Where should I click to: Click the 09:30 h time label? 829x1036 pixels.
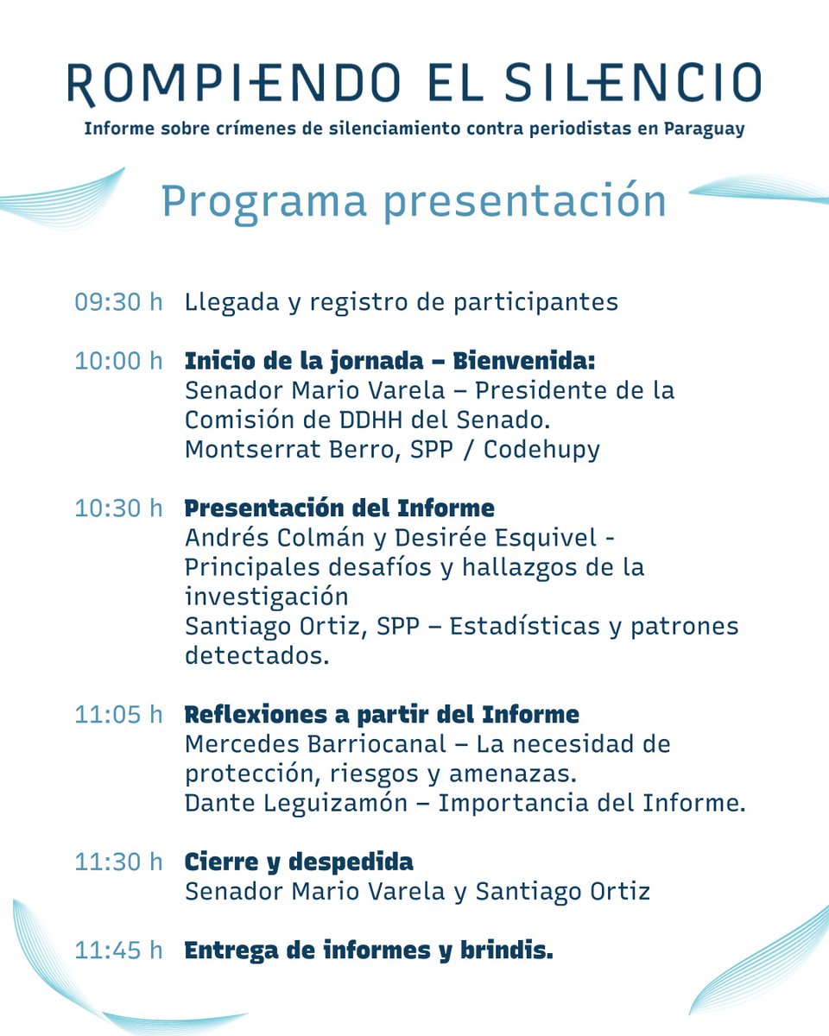pyautogui.click(x=118, y=302)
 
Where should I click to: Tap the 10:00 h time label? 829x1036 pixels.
pyautogui.click(x=118, y=360)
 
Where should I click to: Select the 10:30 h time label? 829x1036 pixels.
pyautogui.click(x=118, y=508)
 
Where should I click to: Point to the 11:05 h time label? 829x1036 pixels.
pyautogui.click(x=118, y=715)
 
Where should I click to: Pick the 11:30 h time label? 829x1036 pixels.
pyautogui.click(x=118, y=862)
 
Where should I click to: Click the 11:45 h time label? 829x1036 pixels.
pyautogui.click(x=118, y=951)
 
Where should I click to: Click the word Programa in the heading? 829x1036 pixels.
pyautogui.click(x=263, y=200)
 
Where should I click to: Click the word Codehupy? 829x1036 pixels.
pyautogui.click(x=541, y=449)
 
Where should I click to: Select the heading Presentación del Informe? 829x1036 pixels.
pyautogui.click(x=339, y=508)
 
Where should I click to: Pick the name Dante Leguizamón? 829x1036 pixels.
pyautogui.click(x=296, y=803)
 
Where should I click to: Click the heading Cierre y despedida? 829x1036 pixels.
pyautogui.click(x=299, y=862)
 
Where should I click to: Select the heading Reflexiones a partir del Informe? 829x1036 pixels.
pyautogui.click(x=382, y=715)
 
